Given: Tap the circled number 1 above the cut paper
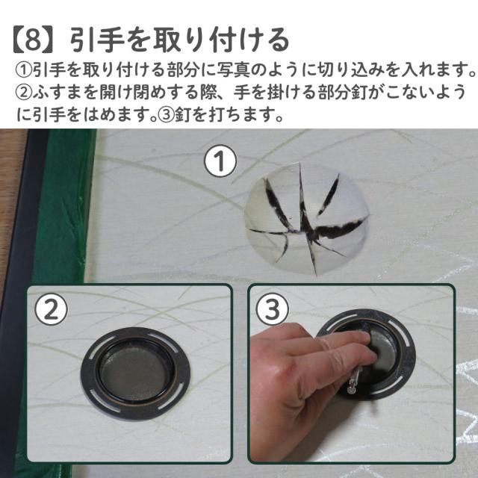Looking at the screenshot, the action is (x=220, y=161).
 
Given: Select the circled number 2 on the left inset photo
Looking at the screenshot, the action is (x=52, y=309).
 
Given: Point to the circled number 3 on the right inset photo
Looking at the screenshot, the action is (x=272, y=309).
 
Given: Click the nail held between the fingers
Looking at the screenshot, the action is (x=353, y=379).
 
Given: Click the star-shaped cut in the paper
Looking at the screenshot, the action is (x=307, y=219).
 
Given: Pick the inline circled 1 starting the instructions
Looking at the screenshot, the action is (x=24, y=69).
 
